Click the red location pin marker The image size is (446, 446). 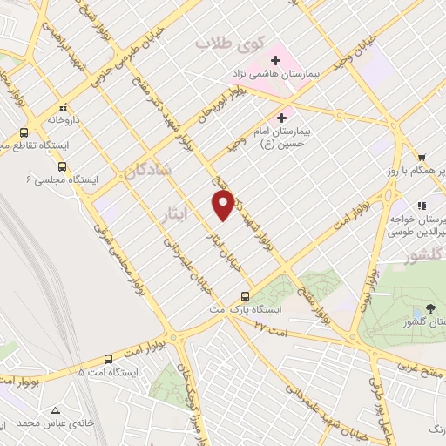223,204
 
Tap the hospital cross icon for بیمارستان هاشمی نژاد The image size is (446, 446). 276,60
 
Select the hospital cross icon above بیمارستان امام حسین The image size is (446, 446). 281,118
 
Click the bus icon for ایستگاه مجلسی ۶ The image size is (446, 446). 62,166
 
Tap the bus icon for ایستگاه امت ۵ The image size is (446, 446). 109,359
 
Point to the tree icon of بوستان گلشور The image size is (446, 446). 429,309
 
